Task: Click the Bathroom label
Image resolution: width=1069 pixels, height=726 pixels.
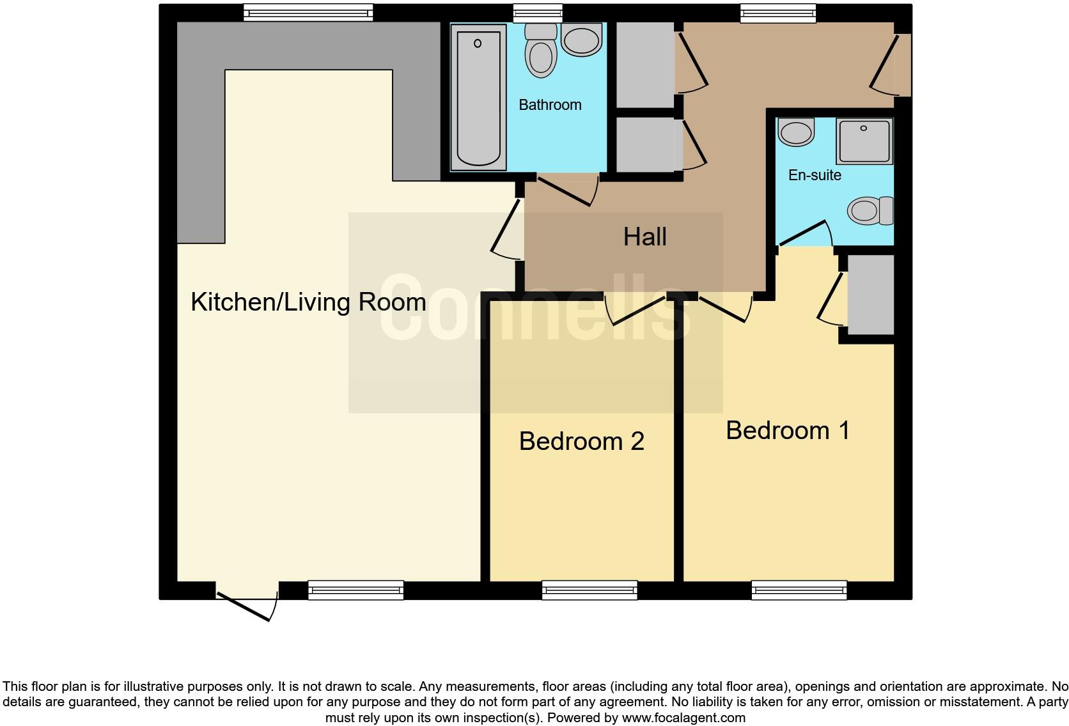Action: click(550, 105)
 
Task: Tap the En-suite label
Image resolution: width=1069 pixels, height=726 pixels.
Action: click(815, 175)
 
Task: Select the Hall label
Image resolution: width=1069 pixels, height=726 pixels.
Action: click(644, 237)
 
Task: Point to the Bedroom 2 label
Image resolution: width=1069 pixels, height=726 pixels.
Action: click(581, 442)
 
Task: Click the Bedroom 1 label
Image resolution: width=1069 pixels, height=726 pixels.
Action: click(788, 431)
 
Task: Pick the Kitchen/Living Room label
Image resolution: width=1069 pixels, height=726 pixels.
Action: click(308, 302)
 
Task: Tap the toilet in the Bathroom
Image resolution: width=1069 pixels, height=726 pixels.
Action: click(541, 51)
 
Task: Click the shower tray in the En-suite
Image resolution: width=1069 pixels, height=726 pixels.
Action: click(864, 141)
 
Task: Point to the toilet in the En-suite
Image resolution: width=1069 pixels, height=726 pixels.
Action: click(870, 210)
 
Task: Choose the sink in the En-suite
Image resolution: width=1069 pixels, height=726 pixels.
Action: click(796, 132)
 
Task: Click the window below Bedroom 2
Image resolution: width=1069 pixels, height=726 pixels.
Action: click(589, 590)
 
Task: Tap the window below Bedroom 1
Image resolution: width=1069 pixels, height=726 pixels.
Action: click(799, 590)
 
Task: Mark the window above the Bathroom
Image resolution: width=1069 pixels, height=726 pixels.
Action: click(538, 13)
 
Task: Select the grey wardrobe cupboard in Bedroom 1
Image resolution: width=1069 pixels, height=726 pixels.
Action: click(870, 295)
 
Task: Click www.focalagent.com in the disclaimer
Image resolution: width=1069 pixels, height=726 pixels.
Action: click(683, 718)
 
